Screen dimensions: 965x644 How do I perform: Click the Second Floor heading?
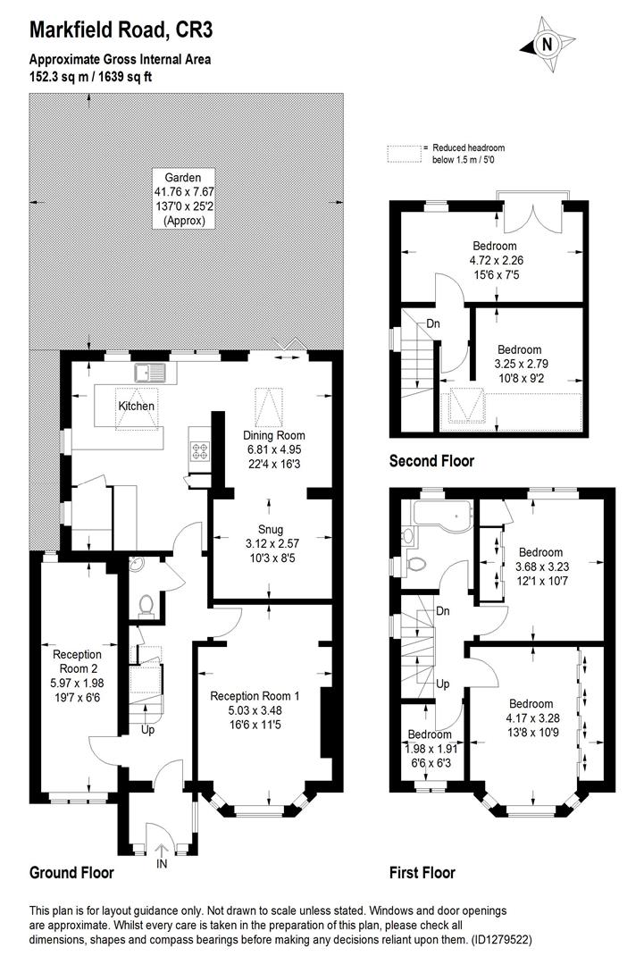tap(431, 462)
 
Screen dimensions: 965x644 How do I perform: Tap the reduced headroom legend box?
tap(403, 154)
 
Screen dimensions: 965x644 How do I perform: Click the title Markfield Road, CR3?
tap(122, 31)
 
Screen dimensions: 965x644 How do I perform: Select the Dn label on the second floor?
tap(432, 323)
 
